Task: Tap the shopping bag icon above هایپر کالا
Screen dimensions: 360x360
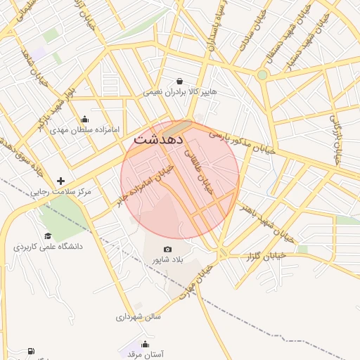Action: click(180, 81)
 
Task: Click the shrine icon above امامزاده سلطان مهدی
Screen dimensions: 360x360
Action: click(85, 119)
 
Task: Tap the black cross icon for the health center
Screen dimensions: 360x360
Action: click(60, 181)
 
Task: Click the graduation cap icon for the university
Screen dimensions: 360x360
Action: click(48, 236)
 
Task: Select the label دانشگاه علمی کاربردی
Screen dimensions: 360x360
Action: click(48, 247)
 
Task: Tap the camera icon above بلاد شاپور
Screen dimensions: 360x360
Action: click(167, 249)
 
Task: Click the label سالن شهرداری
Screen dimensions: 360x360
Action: click(139, 316)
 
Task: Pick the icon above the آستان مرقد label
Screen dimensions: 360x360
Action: click(145, 344)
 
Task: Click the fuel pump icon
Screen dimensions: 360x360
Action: click(30, 351)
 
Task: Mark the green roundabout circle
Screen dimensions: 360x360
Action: click(262, 75)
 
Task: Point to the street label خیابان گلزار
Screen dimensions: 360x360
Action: click(264, 257)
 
